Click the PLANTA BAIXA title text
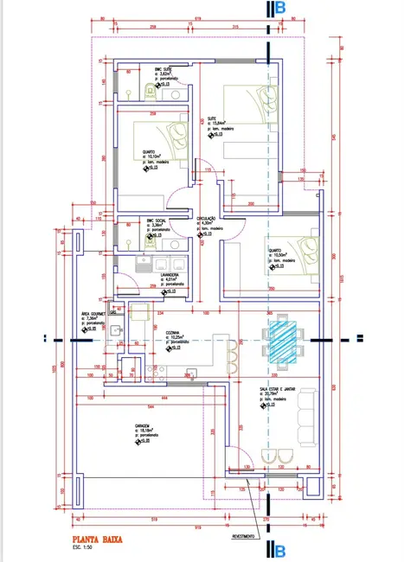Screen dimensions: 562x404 point(98,539)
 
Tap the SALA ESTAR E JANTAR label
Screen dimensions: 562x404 point(277,389)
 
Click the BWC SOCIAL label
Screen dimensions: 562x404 point(154,220)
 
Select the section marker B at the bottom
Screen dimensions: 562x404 point(276,550)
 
